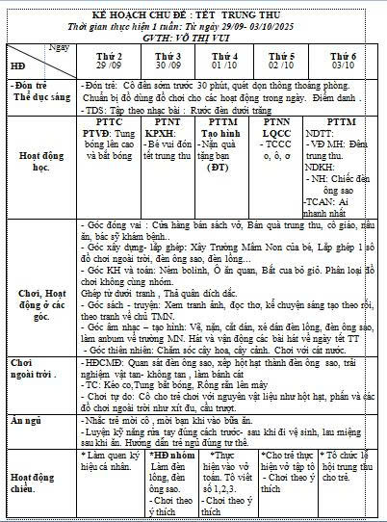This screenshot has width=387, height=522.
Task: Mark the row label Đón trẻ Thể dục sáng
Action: [x=35, y=96]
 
